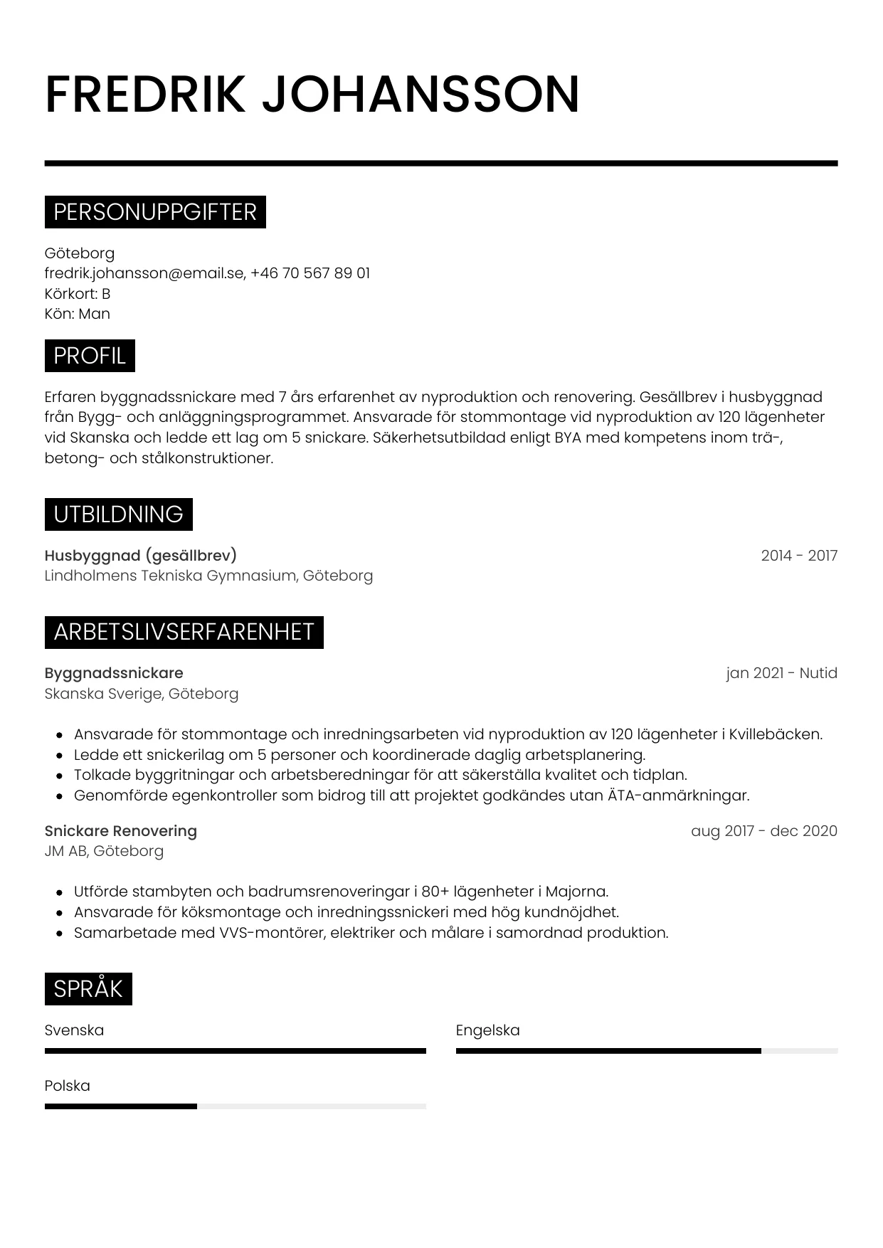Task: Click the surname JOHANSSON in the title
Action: [x=421, y=94]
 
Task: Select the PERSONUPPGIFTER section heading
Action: [x=155, y=212]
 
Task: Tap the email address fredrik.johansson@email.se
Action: [x=144, y=273]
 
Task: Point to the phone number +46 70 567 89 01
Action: [x=310, y=273]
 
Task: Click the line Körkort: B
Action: [x=77, y=294]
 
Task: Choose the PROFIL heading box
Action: [x=90, y=356]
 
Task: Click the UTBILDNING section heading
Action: [x=118, y=514]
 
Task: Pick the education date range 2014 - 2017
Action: [x=799, y=556]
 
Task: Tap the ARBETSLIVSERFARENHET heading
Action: [x=184, y=632]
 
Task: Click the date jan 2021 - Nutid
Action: [x=781, y=673]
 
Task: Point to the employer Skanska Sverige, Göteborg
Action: [x=141, y=694]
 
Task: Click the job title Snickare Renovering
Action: [x=120, y=831]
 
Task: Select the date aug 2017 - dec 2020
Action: [x=763, y=831]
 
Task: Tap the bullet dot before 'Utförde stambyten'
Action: [x=60, y=892]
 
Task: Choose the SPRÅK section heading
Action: [x=88, y=989]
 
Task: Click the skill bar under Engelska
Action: [x=646, y=1051]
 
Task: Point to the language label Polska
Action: [x=67, y=1086]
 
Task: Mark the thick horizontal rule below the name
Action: [x=441, y=164]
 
